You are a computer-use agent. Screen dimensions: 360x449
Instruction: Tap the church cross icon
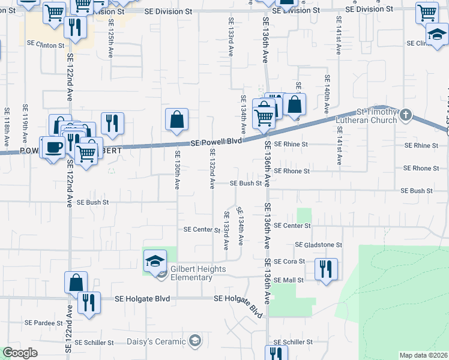click(x=406, y=114)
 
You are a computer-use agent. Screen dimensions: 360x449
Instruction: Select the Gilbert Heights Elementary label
click(x=199, y=273)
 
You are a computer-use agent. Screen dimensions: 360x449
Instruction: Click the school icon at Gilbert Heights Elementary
click(x=155, y=260)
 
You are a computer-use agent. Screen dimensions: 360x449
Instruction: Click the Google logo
click(x=20, y=353)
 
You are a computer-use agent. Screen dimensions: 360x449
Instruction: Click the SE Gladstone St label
click(x=318, y=245)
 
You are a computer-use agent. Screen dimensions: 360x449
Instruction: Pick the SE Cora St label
click(x=291, y=262)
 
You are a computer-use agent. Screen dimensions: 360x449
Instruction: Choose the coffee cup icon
click(x=52, y=148)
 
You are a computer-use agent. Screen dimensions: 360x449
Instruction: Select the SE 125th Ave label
click(x=110, y=38)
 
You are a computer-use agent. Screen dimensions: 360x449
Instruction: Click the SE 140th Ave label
click(x=327, y=95)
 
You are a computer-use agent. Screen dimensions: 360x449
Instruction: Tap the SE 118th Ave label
click(x=7, y=127)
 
